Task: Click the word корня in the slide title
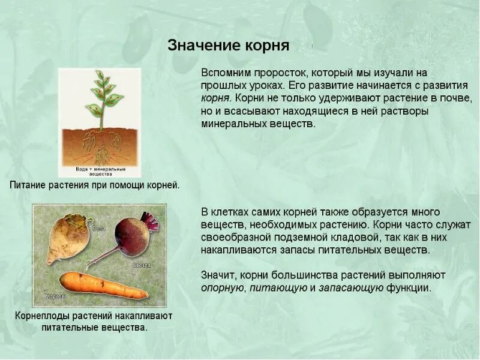click(x=268, y=46)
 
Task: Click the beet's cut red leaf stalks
click(x=151, y=221)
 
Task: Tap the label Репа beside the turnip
click(x=99, y=228)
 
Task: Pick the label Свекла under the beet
click(x=141, y=265)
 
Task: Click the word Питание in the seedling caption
click(x=29, y=185)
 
